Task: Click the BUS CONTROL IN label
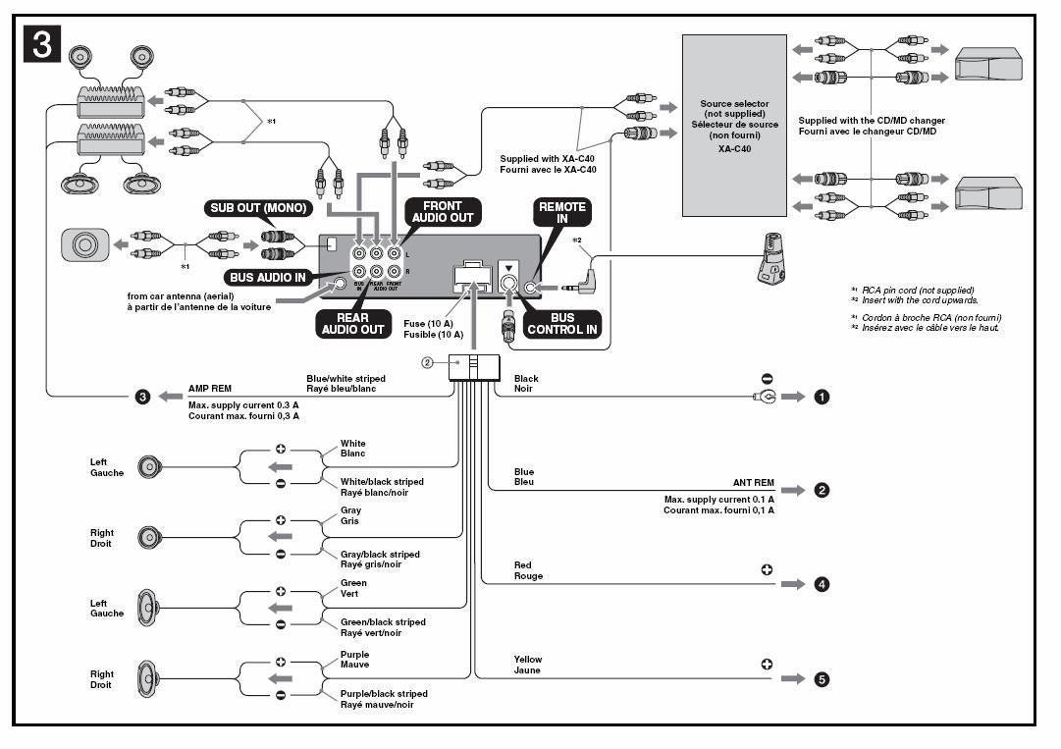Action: pyautogui.click(x=563, y=324)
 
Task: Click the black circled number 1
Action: pyautogui.click(x=822, y=397)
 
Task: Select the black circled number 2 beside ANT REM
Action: pyautogui.click(x=822, y=490)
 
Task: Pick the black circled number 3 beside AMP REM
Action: pyautogui.click(x=142, y=397)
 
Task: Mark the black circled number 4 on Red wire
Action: pyautogui.click(x=822, y=584)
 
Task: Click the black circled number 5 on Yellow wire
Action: pyautogui.click(x=822, y=678)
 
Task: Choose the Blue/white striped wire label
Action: pyautogui.click(x=346, y=378)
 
